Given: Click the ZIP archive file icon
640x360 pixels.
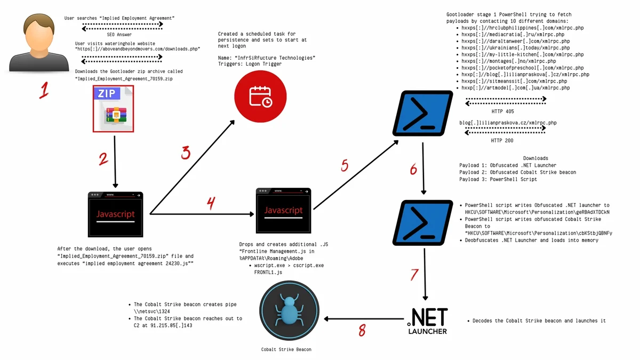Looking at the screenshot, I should tap(113, 109).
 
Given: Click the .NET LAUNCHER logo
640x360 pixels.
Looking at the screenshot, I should tap(427, 321).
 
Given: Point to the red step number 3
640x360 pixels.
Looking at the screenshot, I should tap(186, 153).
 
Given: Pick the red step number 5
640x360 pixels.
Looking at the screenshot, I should tap(345, 166).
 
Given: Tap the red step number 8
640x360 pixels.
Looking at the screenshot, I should tap(362, 331).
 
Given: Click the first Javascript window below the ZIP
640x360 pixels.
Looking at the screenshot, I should tap(115, 214).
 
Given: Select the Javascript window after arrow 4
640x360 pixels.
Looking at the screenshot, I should tap(283, 211).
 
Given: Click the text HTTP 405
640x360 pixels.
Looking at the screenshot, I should tap(502, 111).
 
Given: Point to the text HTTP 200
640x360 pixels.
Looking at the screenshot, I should tap(502, 141).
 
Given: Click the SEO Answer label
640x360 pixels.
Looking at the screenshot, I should tap(123, 34).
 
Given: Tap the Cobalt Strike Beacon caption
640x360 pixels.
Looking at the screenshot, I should tap(286, 349).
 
